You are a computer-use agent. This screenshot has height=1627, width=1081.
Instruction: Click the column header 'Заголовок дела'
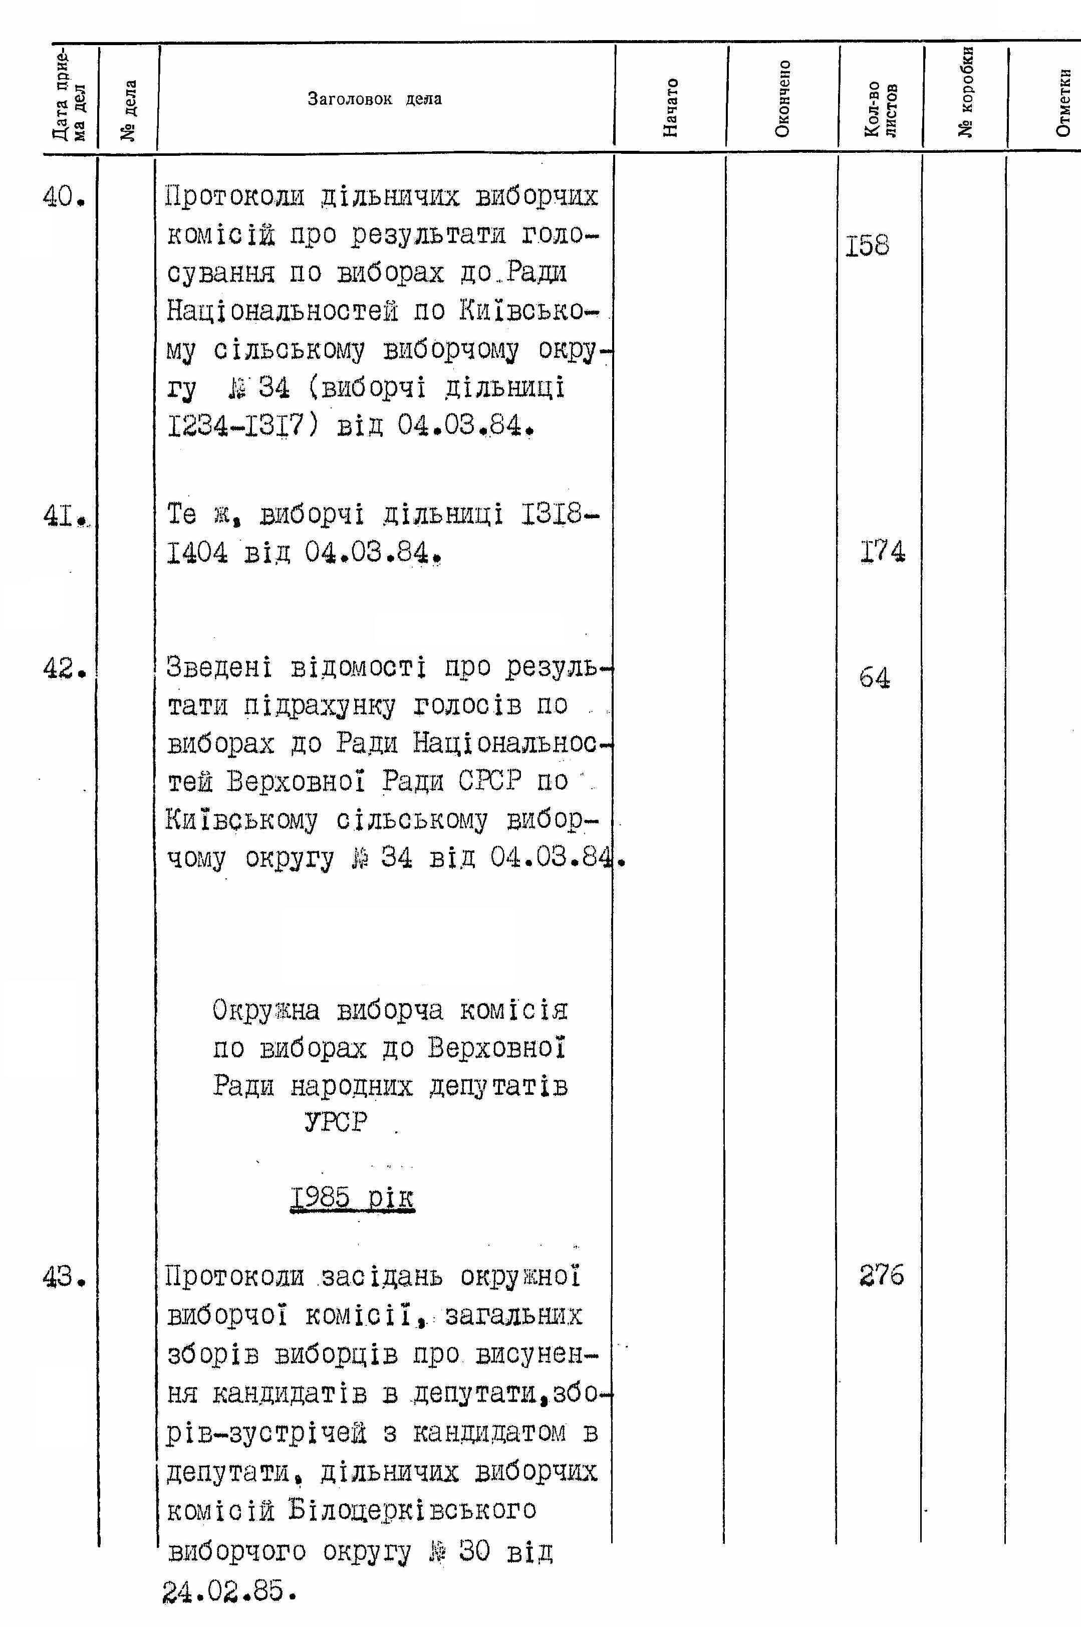point(374,99)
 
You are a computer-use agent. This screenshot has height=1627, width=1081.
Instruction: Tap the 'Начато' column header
point(670,106)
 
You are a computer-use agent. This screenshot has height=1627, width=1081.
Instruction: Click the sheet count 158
point(867,246)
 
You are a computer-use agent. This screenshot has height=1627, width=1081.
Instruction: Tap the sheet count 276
point(881,1275)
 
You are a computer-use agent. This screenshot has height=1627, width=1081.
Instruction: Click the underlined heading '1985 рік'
point(352,1198)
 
